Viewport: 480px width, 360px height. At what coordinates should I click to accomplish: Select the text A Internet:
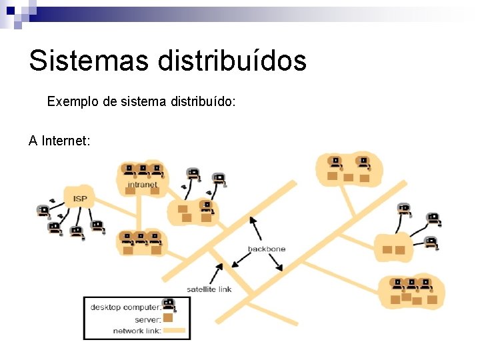(x=59, y=141)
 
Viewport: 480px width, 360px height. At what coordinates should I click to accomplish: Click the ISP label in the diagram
(x=80, y=198)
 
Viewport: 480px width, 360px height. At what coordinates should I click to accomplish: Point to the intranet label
(x=142, y=185)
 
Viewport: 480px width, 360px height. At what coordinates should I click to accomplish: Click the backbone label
(x=267, y=249)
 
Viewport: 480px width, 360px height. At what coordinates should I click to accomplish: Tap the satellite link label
(x=209, y=289)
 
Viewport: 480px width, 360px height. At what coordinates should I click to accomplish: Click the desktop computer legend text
(x=125, y=307)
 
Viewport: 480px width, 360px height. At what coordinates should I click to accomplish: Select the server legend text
(x=148, y=319)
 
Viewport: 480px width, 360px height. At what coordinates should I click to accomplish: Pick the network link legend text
(x=137, y=331)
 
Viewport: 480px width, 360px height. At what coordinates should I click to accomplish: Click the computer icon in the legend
(x=169, y=305)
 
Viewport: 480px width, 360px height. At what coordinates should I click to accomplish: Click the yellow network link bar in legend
(x=175, y=331)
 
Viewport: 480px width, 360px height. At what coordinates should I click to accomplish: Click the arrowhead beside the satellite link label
(x=219, y=267)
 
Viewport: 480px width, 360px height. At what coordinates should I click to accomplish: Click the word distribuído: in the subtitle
(x=203, y=103)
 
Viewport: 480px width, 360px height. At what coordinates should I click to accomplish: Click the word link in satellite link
(x=224, y=289)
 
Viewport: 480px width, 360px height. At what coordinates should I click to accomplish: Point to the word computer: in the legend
(x=143, y=307)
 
